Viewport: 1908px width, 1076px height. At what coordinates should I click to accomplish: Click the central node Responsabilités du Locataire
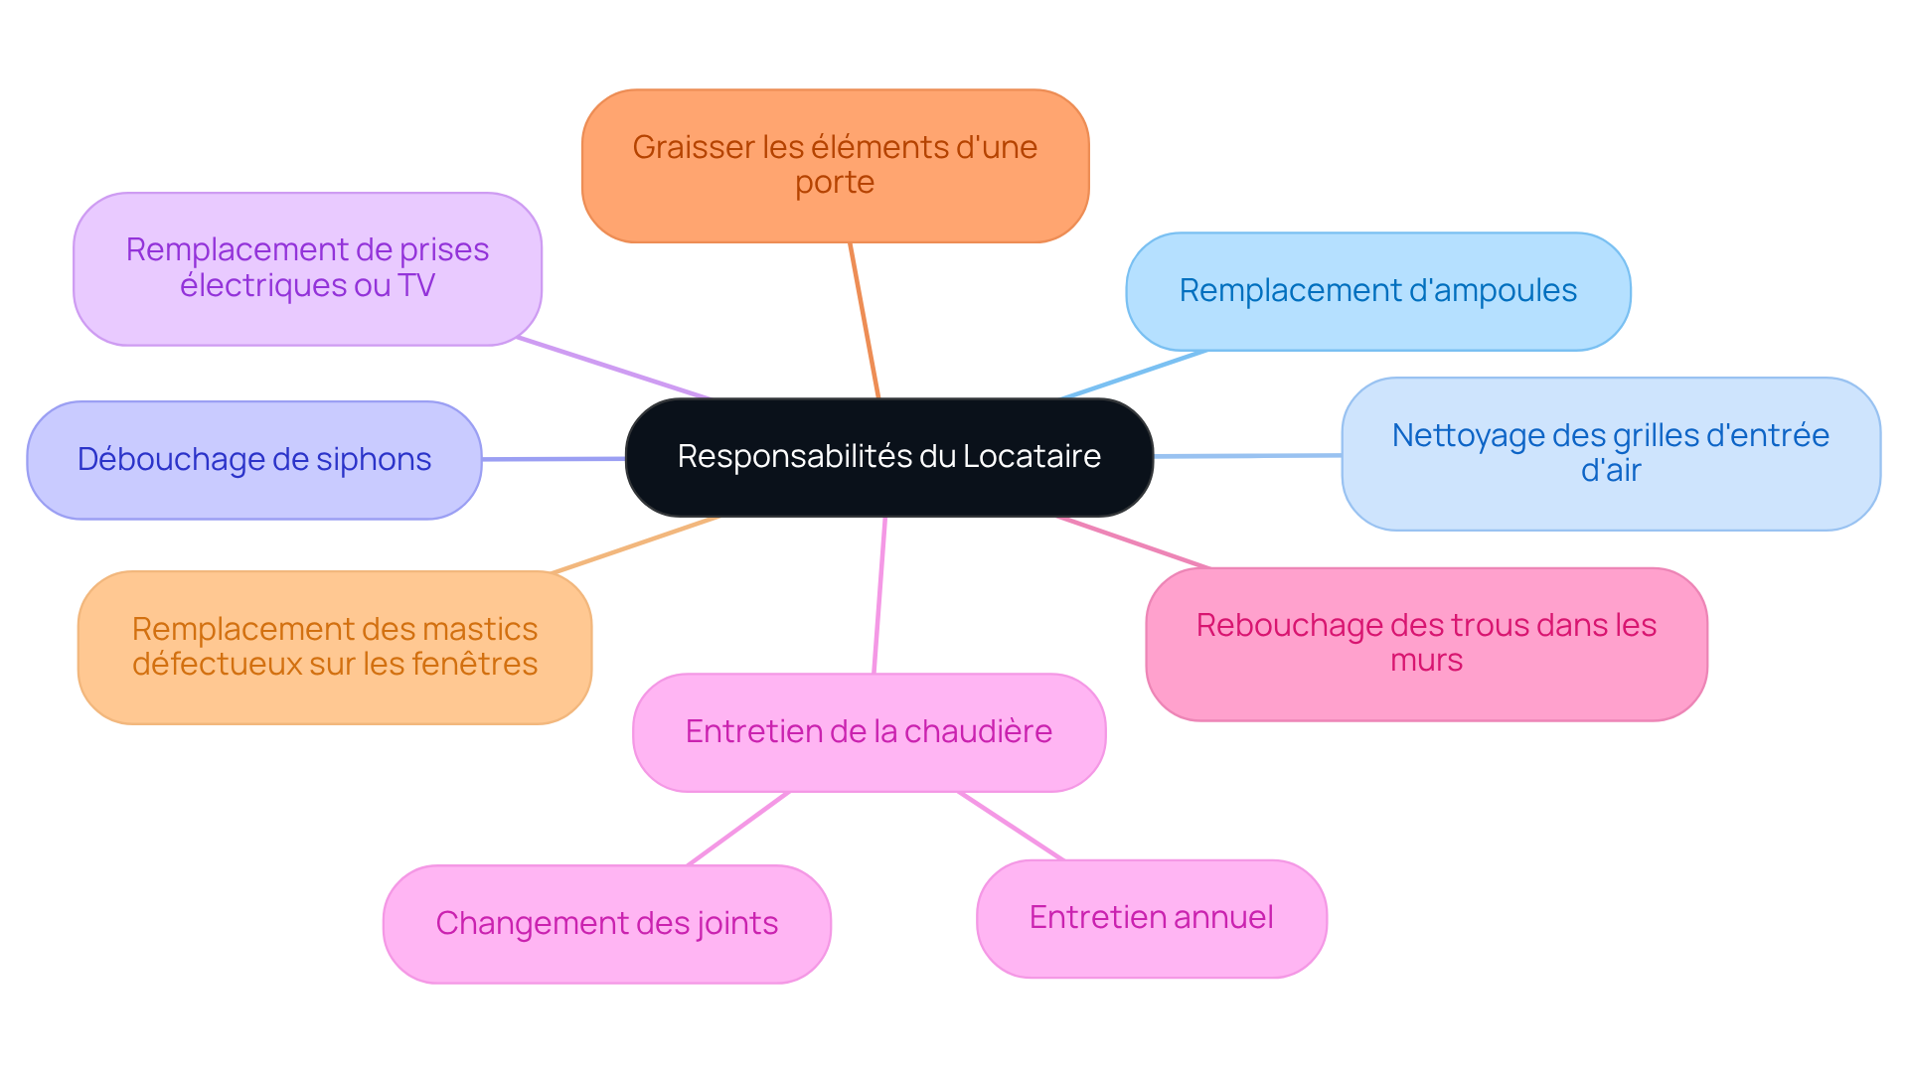coord(888,457)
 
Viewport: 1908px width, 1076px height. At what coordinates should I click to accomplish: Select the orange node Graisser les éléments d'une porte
coord(835,166)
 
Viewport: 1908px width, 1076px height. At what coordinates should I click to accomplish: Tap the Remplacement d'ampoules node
coord(1377,291)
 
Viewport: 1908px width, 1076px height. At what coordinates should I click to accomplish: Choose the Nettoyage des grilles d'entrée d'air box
coord(1610,453)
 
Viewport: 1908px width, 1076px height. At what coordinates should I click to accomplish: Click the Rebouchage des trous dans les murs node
coord(1426,643)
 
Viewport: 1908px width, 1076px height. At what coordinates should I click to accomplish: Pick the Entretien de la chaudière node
coord(869,732)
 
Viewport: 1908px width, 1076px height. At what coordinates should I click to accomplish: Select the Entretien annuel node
coord(1151,918)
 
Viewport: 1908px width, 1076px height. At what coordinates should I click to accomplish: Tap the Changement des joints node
coord(606,924)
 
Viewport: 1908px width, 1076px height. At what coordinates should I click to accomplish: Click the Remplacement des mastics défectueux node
coord(335,647)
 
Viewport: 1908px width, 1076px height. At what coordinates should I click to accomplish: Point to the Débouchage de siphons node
coord(254,460)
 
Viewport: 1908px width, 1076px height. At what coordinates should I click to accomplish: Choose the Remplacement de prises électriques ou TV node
coord(307,268)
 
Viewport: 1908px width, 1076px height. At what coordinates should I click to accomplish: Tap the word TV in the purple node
coord(416,286)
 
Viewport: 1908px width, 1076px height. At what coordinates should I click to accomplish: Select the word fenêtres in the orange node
coord(474,665)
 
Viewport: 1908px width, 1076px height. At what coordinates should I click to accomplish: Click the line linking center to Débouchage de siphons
coord(554,459)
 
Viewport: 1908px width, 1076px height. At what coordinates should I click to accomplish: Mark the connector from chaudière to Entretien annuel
coord(1011,826)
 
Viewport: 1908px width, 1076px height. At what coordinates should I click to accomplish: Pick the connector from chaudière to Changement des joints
coord(738,829)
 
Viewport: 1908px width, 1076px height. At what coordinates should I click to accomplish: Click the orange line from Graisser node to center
coord(865,320)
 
